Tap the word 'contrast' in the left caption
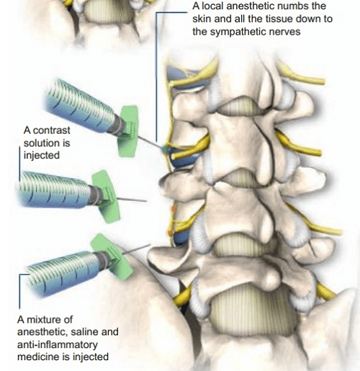click(x=51, y=130)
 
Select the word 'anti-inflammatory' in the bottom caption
click(x=58, y=344)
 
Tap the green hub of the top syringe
click(x=128, y=131)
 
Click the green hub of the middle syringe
click(x=106, y=197)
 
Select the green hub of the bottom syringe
click(x=113, y=257)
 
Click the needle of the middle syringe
click(x=132, y=200)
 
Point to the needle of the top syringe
click(x=150, y=142)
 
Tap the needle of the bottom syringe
click(x=136, y=249)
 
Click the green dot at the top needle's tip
click(x=165, y=149)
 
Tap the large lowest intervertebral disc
click(x=252, y=310)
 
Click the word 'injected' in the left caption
click(x=42, y=156)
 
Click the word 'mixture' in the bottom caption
click(x=45, y=320)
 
